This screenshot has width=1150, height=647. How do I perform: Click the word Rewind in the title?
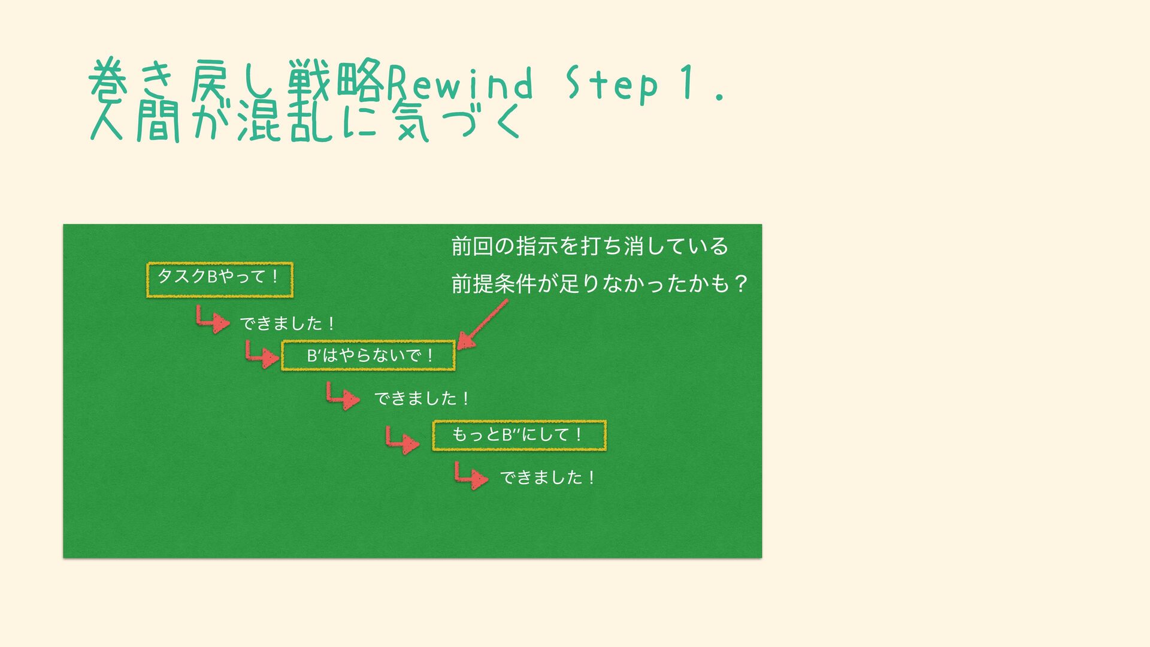[460, 83]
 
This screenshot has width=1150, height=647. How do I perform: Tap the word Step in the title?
[612, 84]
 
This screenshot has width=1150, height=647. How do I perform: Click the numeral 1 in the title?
[688, 83]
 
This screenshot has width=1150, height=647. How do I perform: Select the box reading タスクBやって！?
[220, 279]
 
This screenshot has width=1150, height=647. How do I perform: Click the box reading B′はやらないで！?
[368, 355]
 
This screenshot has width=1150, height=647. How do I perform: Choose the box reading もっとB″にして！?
[519, 435]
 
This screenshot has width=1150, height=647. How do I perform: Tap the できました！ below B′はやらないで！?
[421, 398]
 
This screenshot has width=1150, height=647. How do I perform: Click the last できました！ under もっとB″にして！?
[547, 477]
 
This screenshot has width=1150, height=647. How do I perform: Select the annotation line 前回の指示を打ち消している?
[589, 246]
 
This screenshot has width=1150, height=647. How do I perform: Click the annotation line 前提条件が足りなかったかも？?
[599, 283]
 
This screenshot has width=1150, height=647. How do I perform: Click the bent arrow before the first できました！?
[213, 319]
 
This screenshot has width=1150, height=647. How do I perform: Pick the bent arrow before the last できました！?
[471, 475]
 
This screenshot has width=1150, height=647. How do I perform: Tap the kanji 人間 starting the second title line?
[135, 122]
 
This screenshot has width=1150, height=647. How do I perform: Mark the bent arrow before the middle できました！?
[343, 395]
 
